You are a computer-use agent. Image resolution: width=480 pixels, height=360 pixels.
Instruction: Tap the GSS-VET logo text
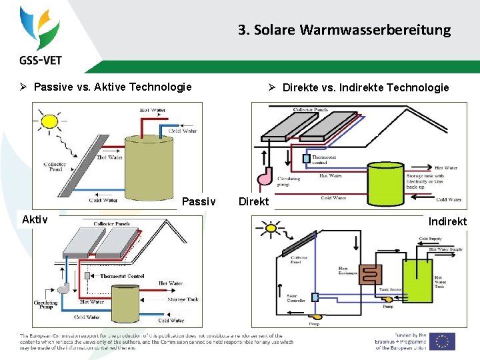41,60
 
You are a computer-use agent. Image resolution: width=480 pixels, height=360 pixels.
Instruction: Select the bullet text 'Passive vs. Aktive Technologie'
113,87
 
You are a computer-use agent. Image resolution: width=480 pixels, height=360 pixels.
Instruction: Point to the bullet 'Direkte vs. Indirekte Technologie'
365,87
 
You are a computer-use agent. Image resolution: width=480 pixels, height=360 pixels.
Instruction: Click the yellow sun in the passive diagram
49,121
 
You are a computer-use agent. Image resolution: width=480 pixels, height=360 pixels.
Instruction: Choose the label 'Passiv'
199,201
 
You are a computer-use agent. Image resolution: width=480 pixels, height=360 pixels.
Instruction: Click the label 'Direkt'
253,201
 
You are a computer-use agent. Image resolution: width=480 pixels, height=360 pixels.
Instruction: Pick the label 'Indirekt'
447,221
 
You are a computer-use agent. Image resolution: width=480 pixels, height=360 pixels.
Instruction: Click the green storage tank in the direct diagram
385,179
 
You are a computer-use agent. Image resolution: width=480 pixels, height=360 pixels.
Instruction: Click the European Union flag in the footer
442,341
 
